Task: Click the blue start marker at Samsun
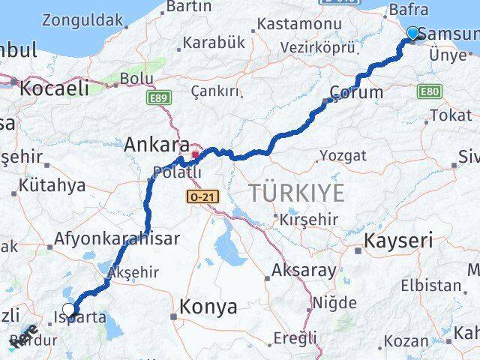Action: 413,33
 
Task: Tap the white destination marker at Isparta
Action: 69,309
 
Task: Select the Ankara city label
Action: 156,143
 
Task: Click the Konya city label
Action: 208,307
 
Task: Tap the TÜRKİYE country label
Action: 297,193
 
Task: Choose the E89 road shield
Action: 159,97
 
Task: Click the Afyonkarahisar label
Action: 116,239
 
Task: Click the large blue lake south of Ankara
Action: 229,248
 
